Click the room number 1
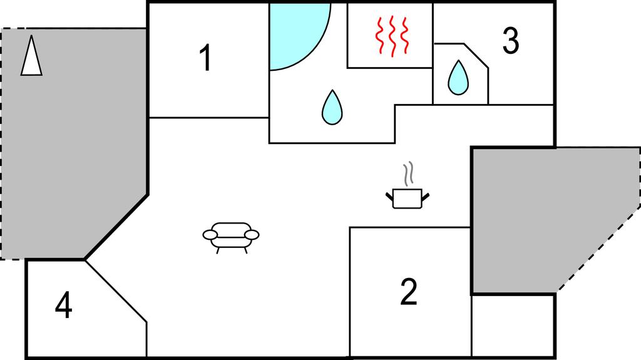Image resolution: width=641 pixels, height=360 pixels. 205,59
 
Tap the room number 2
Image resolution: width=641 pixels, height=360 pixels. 408,292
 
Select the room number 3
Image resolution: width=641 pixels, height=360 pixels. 511,41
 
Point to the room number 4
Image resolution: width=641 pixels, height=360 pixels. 63,307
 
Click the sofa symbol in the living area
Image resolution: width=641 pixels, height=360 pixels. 231,237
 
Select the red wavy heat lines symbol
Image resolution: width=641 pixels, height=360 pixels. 391,36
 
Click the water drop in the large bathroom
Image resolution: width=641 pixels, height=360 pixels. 332,107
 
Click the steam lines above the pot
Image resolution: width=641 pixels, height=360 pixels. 409,174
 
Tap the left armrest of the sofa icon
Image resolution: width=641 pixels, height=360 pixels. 211,235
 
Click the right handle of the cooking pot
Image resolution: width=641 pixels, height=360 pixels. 426,197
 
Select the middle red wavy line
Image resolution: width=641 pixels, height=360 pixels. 391,36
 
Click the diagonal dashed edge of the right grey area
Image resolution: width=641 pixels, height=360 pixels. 598,250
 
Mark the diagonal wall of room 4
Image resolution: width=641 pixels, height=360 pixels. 116,291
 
